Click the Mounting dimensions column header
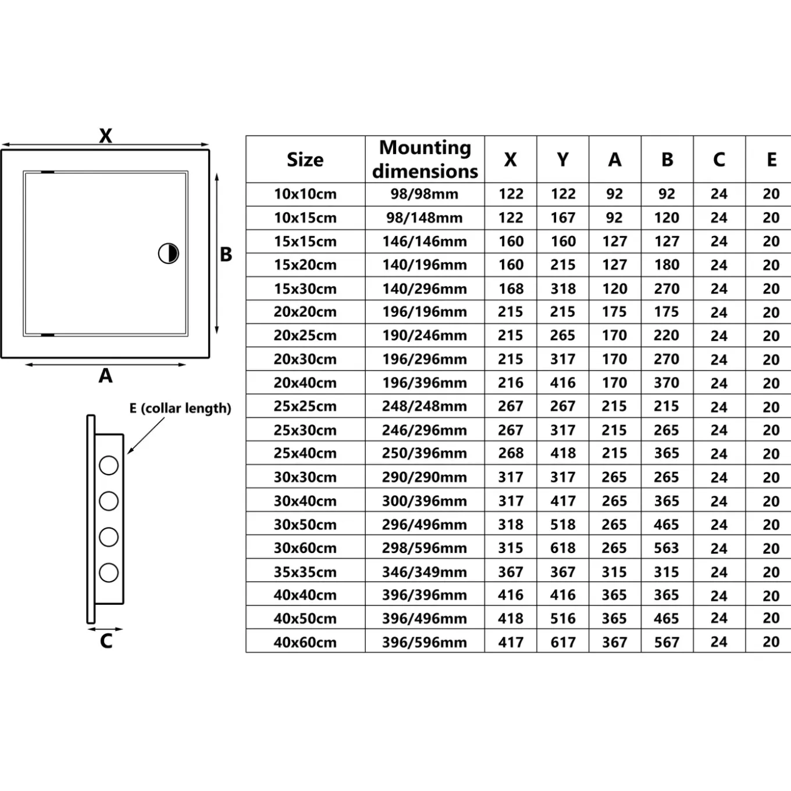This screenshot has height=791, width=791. point(425,159)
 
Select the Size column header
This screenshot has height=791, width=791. point(305,160)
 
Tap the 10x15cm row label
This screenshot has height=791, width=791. point(305,218)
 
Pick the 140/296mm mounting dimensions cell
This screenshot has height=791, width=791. point(425,288)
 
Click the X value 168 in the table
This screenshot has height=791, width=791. point(511,288)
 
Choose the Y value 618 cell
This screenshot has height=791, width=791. point(563,548)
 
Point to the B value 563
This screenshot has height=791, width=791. point(667,548)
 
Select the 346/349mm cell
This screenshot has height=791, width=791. point(425,572)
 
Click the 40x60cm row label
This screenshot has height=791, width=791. point(305,642)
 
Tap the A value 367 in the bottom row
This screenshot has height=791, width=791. point(615,642)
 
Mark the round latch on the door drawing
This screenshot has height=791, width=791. point(168,253)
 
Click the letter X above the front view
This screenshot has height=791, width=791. point(105,136)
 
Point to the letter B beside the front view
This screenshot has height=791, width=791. point(226,254)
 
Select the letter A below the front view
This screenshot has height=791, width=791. point(105,375)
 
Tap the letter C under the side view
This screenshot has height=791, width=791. point(106,641)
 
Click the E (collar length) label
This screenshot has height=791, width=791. point(180,408)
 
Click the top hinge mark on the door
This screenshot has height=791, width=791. point(48,172)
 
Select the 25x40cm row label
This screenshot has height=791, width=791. point(305,453)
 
